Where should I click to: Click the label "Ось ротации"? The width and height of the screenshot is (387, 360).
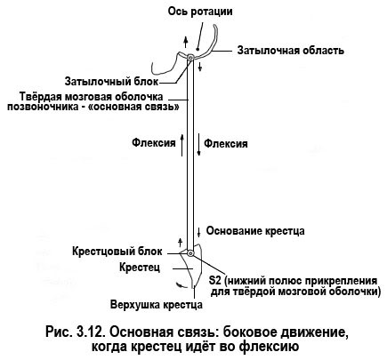coord(200,12)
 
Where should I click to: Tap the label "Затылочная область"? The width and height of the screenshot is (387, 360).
coord(291,51)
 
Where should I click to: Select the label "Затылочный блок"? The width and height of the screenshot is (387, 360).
coord(112,81)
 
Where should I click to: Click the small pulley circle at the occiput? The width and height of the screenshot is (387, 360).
coord(190,58)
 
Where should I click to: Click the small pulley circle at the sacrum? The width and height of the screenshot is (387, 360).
coord(190,253)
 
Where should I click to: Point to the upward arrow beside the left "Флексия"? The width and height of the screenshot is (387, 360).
coord(182,145)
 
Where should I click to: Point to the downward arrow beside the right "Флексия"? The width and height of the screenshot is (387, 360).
coord(198,145)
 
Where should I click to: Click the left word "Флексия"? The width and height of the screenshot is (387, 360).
coord(154,143)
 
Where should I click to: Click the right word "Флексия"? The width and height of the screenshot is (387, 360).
coord(226,144)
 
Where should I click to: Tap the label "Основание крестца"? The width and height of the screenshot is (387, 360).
coord(255,231)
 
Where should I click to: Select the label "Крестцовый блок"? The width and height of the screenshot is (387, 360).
coord(117,252)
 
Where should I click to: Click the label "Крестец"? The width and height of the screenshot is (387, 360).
coord(140,268)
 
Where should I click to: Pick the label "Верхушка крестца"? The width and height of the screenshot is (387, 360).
coord(157,305)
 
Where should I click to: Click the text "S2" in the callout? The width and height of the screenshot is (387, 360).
coord(215,280)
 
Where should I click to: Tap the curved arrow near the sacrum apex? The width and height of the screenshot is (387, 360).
coord(179,284)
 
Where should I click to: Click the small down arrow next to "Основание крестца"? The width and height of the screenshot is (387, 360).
coord(198,232)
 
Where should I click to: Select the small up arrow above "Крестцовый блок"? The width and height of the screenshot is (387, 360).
coord(180,242)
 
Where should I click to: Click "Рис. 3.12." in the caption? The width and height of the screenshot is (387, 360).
coord(74,332)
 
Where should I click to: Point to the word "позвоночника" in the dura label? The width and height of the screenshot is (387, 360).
coord(41,107)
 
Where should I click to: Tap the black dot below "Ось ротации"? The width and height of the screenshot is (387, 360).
coord(198,48)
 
